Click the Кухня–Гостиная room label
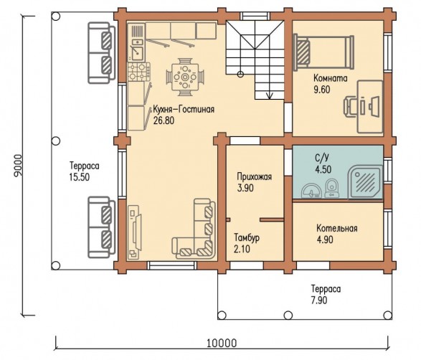pyautogui.click(x=184, y=110)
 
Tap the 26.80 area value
pyautogui.click(x=164, y=120)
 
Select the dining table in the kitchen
pyautogui.click(x=185, y=77)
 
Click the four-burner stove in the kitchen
pyautogui.click(x=139, y=72)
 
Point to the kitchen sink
pyautogui.click(x=137, y=53)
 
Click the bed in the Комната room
pyautogui.click(x=323, y=52)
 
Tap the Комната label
pyautogui.click(x=330, y=78)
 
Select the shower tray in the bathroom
pyautogui.click(x=366, y=182)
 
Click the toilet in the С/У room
pyautogui.click(x=332, y=188)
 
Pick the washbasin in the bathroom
pyautogui.click(x=311, y=191)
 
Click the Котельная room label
pyautogui.click(x=336, y=229)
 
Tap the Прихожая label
pyautogui.click(x=255, y=177)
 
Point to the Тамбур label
pyautogui.click(x=247, y=238)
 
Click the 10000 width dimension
pyautogui.click(x=222, y=343)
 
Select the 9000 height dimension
pyautogui.click(x=18, y=166)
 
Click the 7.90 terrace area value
pyautogui.click(x=319, y=300)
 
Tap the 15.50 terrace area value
pyautogui.click(x=79, y=177)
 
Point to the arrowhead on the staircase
pyautogui.click(x=269, y=95)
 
